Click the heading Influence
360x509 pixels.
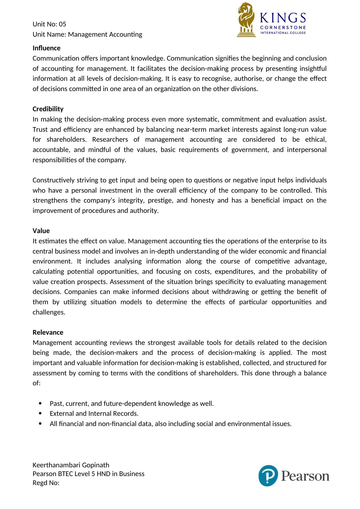click(47, 48)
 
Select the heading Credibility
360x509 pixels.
click(48, 109)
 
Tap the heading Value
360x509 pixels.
click(41, 231)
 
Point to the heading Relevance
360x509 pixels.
click(48, 332)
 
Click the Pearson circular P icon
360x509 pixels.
click(268, 475)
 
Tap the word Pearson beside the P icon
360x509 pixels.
click(305, 476)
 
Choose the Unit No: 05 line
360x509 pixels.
click(49, 24)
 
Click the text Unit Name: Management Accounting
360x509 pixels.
click(87, 34)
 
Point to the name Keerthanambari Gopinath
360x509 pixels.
click(71, 465)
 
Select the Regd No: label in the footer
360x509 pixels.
click(46, 483)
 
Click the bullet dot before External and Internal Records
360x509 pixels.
click(41, 414)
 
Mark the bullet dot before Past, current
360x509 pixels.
click(41, 404)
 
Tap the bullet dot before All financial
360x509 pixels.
click(41, 424)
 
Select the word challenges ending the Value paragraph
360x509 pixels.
click(48, 312)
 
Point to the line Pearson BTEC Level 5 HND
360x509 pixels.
click(88, 474)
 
